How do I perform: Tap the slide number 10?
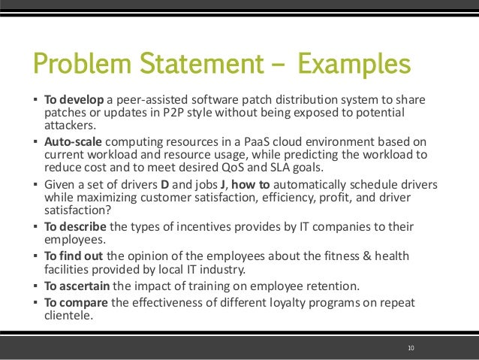tap(411, 347)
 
